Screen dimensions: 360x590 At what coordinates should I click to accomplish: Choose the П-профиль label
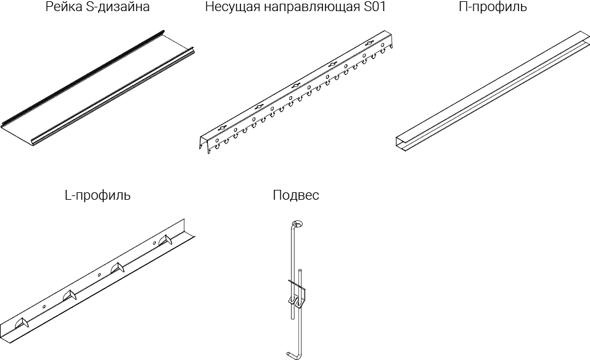493,7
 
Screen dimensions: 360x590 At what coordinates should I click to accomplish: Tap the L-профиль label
97,196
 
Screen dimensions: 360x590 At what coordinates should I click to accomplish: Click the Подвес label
296,196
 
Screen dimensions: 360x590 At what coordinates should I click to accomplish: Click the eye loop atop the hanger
297,224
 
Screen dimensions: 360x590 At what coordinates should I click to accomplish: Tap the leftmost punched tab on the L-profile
22,322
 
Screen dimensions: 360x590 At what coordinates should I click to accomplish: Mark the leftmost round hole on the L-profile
44,305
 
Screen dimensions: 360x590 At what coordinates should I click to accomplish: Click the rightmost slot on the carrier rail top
369,44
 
